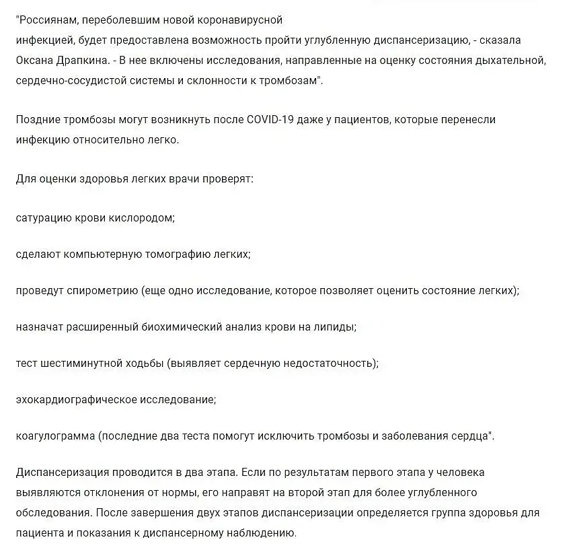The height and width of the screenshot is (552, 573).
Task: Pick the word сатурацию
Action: pos(42,218)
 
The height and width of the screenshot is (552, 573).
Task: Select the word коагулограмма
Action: pos(54,436)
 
